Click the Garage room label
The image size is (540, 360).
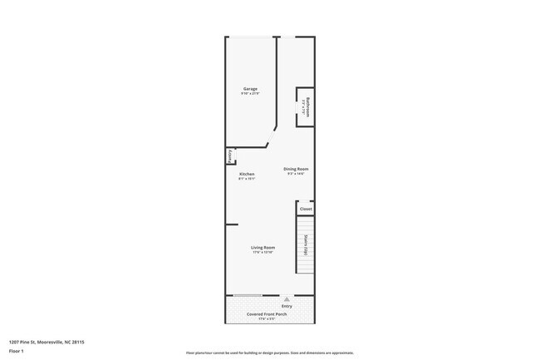click(x=250, y=89)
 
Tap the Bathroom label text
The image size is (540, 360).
click(x=307, y=106)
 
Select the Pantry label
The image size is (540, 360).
click(x=229, y=156)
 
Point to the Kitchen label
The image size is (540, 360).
click(x=247, y=174)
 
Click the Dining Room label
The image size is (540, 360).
click(x=296, y=169)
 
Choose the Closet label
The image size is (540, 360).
click(x=306, y=209)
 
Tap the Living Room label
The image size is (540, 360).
click(x=263, y=247)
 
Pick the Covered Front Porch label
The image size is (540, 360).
click(x=266, y=313)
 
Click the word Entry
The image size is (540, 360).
click(x=287, y=306)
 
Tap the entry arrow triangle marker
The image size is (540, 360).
click(x=287, y=298)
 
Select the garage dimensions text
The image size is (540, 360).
click(x=250, y=94)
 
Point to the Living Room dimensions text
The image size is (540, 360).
click(x=263, y=252)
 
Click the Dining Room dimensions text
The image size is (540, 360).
click(x=296, y=174)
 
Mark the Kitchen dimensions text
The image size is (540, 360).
click(x=247, y=179)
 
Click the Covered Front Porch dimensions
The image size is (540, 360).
click(x=266, y=318)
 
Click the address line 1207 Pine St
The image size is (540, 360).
click(x=47, y=341)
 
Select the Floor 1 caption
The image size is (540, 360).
click(x=16, y=352)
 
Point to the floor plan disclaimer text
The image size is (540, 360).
click(x=270, y=353)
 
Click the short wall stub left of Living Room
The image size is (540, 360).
click(x=232, y=224)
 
